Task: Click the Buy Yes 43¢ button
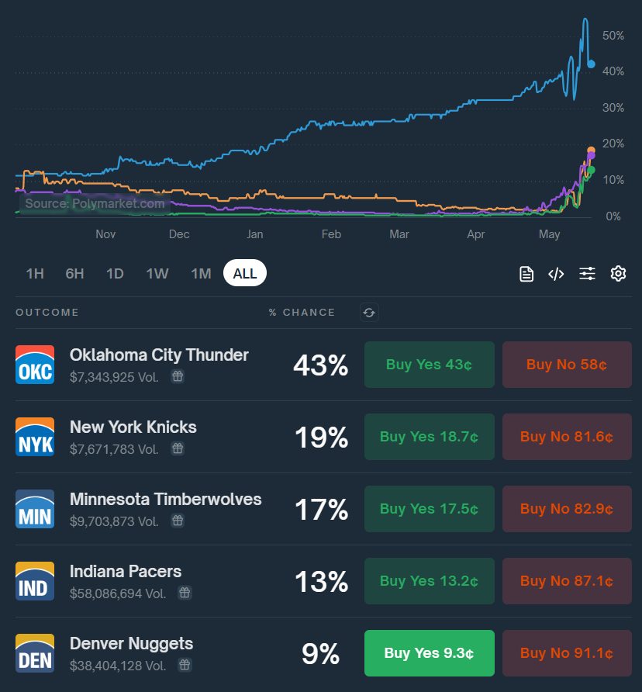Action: point(429,365)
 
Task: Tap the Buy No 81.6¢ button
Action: point(567,437)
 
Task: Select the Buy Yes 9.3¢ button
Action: point(429,653)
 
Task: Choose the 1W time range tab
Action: point(157,273)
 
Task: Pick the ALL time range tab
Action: point(245,273)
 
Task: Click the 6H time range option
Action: point(74,273)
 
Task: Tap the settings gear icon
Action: point(618,273)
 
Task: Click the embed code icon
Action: point(556,273)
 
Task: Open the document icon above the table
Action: point(526,273)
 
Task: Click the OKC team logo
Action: point(35,365)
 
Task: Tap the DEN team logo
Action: point(35,653)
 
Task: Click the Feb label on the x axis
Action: point(331,234)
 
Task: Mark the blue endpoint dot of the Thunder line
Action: point(592,64)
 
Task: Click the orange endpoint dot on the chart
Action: point(592,151)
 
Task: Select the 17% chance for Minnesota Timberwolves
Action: point(321,510)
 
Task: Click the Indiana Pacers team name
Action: point(126,572)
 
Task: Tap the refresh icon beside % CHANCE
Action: point(369,313)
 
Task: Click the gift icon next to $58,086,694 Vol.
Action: point(185,593)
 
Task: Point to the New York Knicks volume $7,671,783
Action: point(114,449)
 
